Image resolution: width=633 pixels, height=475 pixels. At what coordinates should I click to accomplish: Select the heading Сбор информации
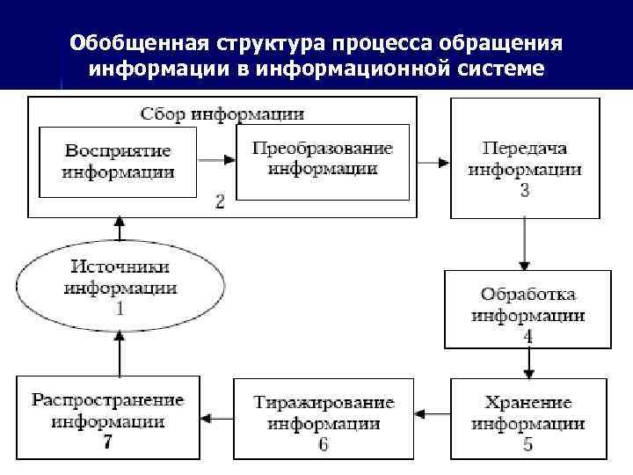click(222, 113)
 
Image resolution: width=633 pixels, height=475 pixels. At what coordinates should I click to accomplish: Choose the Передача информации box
click(525, 158)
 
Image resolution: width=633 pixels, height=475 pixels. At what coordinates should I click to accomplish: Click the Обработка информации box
click(527, 308)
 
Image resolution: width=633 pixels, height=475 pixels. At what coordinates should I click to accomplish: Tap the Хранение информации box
click(527, 418)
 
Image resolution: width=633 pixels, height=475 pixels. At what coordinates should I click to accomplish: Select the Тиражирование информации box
click(323, 418)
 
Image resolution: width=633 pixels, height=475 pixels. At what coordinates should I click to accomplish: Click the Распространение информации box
click(107, 418)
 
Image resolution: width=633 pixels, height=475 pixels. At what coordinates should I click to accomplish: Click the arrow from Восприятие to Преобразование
click(218, 160)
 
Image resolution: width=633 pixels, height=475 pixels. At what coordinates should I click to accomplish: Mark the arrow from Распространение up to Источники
click(119, 352)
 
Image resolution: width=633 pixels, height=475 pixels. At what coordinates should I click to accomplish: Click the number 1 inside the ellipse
click(120, 309)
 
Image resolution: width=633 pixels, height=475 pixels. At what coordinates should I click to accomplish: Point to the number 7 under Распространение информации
click(107, 442)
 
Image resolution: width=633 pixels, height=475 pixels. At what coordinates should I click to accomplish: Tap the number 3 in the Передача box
click(525, 190)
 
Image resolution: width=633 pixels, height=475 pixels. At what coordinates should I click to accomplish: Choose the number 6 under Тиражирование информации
click(323, 444)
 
